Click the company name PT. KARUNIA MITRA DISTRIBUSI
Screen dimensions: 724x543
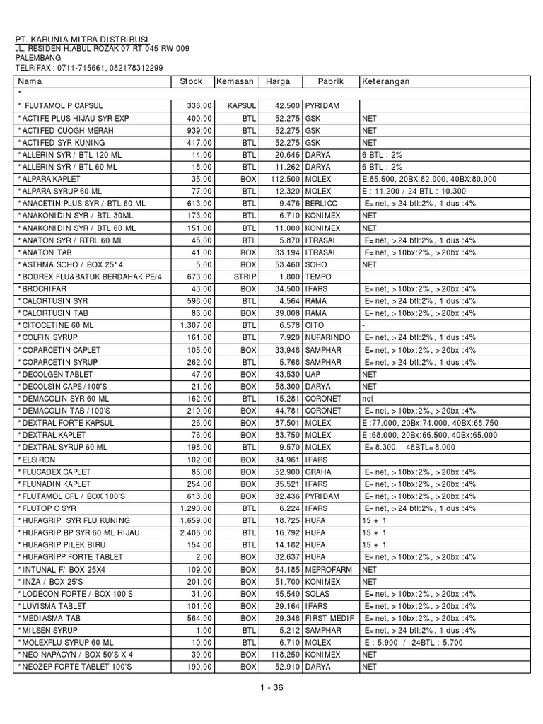click(x=83, y=40)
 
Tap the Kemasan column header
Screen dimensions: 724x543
click(x=235, y=81)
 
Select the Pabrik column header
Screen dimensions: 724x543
click(x=330, y=81)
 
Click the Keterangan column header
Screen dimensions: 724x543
click(x=386, y=81)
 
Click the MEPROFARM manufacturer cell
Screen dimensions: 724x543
click(x=329, y=568)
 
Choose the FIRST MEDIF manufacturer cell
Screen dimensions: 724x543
click(x=331, y=618)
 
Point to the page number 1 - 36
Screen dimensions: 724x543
click(x=271, y=691)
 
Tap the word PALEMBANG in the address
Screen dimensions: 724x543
click(x=38, y=58)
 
